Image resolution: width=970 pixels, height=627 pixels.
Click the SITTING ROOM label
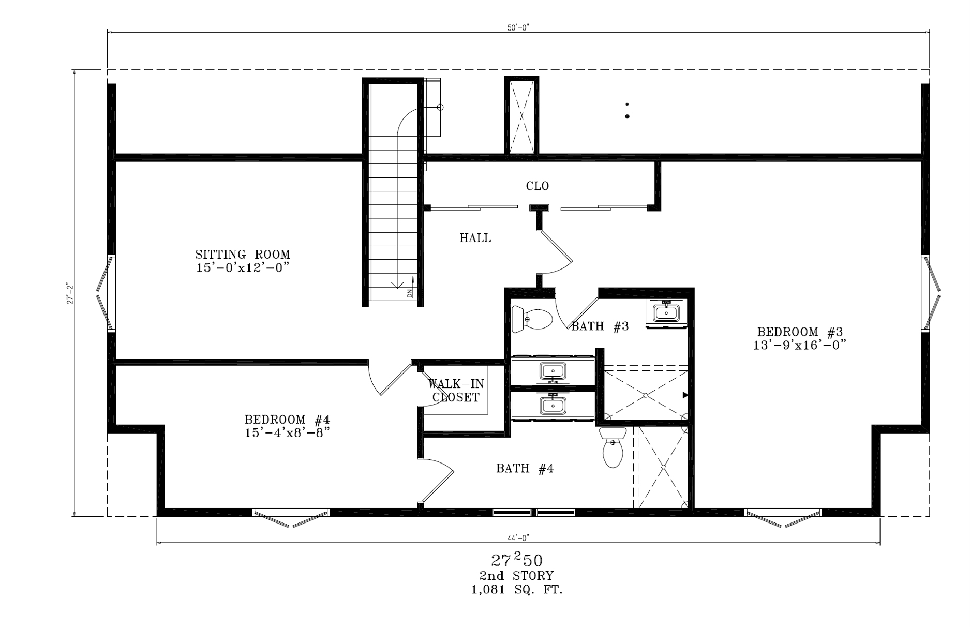click(243, 255)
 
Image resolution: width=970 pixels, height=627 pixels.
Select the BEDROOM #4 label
click(287, 419)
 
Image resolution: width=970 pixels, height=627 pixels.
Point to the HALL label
click(475, 238)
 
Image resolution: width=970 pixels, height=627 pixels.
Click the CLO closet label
click(538, 186)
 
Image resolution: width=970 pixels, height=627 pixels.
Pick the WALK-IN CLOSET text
click(456, 391)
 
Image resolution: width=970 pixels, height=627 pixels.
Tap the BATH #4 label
click(525, 469)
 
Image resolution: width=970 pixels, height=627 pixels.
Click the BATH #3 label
click(600, 326)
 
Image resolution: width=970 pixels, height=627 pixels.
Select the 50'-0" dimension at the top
click(518, 28)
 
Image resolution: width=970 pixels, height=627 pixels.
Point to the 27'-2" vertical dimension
click(70, 293)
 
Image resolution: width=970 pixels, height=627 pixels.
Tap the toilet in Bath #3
click(532, 319)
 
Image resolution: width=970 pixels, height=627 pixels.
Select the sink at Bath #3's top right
click(666, 312)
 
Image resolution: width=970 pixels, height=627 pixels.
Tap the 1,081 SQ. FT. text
click(517, 590)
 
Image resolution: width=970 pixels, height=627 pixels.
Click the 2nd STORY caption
click(517, 576)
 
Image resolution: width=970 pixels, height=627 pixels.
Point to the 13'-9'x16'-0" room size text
click(800, 345)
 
